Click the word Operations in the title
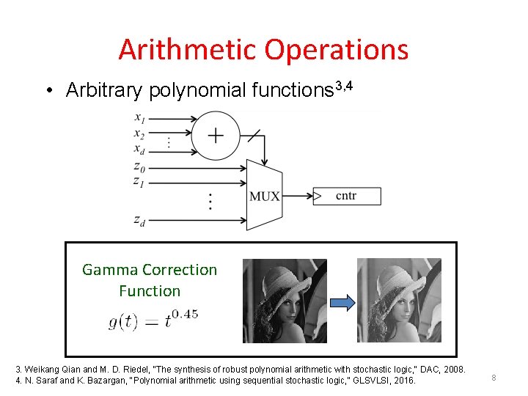[337, 50]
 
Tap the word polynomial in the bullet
[197, 90]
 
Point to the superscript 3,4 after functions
[344, 87]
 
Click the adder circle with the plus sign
[216, 136]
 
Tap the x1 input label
[139, 117]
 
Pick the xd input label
[139, 152]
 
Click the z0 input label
[139, 168]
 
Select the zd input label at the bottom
[139, 220]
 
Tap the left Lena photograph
[285, 300]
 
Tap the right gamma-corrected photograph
[399, 300]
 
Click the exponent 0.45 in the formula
[184, 315]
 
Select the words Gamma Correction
[150, 270]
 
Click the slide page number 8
[494, 378]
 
